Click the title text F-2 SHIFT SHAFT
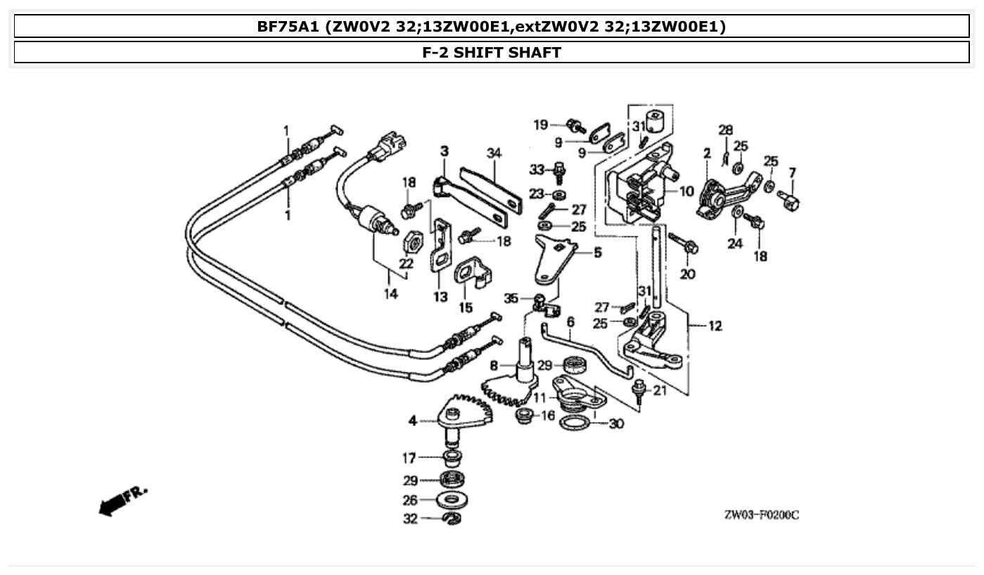tap(492, 52)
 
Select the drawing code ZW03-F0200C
tap(761, 515)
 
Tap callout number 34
tap(494, 153)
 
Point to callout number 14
tap(391, 293)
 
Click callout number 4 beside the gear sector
tap(413, 421)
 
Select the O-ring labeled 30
tap(575, 423)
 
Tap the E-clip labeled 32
tap(452, 519)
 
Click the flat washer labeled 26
tap(452, 500)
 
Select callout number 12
tap(715, 326)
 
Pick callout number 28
tap(725, 130)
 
